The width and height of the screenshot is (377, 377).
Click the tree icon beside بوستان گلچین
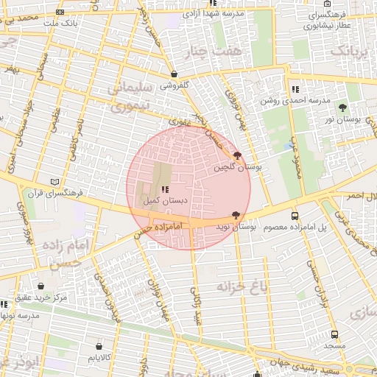coord(236,155)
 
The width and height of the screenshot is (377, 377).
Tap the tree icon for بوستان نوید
coord(236,215)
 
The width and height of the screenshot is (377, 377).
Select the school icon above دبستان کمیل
coord(163,189)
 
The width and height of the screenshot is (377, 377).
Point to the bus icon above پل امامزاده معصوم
coord(295,216)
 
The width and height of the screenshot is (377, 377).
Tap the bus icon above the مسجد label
coord(335,334)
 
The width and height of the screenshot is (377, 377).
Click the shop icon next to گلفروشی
coord(174,74)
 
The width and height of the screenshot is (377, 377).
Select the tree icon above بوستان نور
coord(342,108)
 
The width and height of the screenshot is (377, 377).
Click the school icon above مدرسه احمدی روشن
coord(295,89)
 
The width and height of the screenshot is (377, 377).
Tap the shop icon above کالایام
coord(99,345)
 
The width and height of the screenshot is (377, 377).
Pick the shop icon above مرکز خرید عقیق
coord(40,286)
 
